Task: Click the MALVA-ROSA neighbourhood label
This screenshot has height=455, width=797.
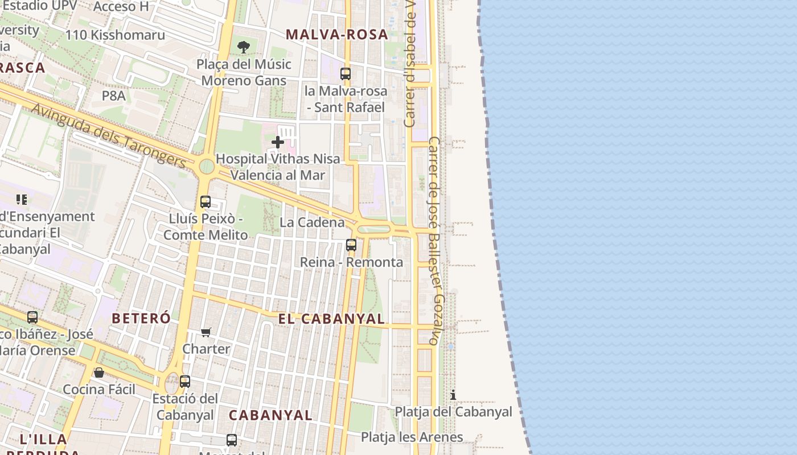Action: click(337, 34)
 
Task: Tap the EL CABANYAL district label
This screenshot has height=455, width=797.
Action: click(331, 318)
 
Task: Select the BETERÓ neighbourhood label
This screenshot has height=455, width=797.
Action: click(141, 318)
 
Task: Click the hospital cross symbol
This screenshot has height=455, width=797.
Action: click(278, 142)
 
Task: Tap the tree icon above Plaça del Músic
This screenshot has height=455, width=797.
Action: click(244, 47)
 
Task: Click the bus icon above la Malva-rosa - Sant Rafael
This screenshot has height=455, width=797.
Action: click(346, 73)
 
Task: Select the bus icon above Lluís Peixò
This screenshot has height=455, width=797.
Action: click(206, 201)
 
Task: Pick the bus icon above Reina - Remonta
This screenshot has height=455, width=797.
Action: click(351, 245)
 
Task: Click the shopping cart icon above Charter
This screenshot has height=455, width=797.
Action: click(206, 332)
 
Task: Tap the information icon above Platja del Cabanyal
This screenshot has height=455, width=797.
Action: click(453, 395)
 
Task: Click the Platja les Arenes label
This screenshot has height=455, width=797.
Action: click(412, 437)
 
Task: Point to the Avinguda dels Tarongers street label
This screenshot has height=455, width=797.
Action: click(108, 135)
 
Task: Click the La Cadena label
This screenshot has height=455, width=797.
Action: click(312, 222)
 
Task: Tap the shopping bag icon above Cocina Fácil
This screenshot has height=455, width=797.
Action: click(99, 373)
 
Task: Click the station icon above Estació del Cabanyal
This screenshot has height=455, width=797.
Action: click(185, 381)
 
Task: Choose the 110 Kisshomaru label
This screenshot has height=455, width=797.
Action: click(115, 35)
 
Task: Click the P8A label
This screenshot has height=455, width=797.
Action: click(114, 96)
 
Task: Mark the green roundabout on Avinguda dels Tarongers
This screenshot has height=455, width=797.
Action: click(207, 167)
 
